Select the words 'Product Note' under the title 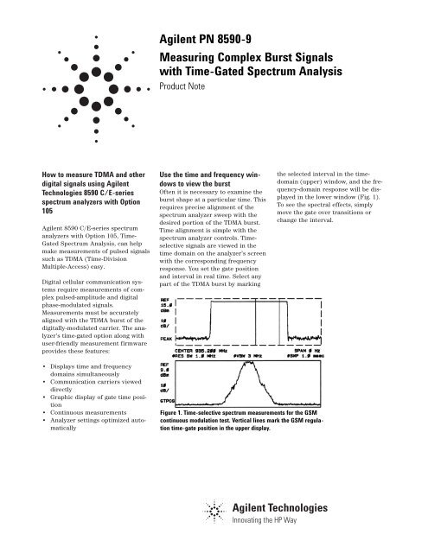tap(185, 87)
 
